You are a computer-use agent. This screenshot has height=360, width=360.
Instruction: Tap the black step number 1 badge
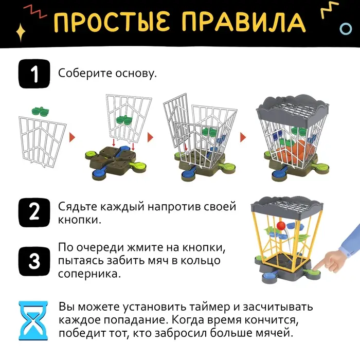point(33,74)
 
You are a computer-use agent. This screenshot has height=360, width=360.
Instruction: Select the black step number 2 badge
point(33,212)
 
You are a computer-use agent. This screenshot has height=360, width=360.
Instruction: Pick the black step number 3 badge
point(33,261)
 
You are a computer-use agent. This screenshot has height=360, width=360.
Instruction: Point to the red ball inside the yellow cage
point(281,226)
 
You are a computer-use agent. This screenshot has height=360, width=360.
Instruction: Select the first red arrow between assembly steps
point(72,138)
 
